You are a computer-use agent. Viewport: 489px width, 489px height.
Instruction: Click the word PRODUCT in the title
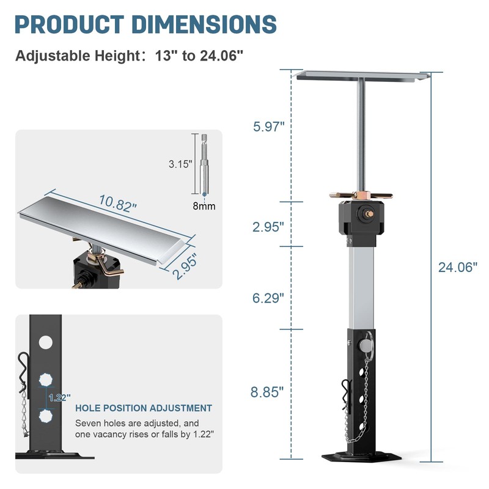[x=69, y=24]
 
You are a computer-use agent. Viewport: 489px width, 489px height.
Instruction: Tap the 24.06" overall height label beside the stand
[x=457, y=267]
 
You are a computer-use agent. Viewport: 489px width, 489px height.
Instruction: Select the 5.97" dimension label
[x=268, y=127]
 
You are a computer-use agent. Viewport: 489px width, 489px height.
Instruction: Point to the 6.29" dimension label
[x=268, y=298]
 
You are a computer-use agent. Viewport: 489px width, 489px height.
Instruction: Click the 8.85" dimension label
[x=267, y=392]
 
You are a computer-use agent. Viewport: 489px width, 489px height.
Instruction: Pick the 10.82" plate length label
[x=118, y=204]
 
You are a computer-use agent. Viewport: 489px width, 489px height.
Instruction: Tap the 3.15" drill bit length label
[x=180, y=164]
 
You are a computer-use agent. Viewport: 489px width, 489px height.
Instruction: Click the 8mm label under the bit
[x=204, y=206]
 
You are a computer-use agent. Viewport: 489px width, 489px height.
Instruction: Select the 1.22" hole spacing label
[x=59, y=398]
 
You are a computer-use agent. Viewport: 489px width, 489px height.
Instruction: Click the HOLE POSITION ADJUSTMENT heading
[x=144, y=408]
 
